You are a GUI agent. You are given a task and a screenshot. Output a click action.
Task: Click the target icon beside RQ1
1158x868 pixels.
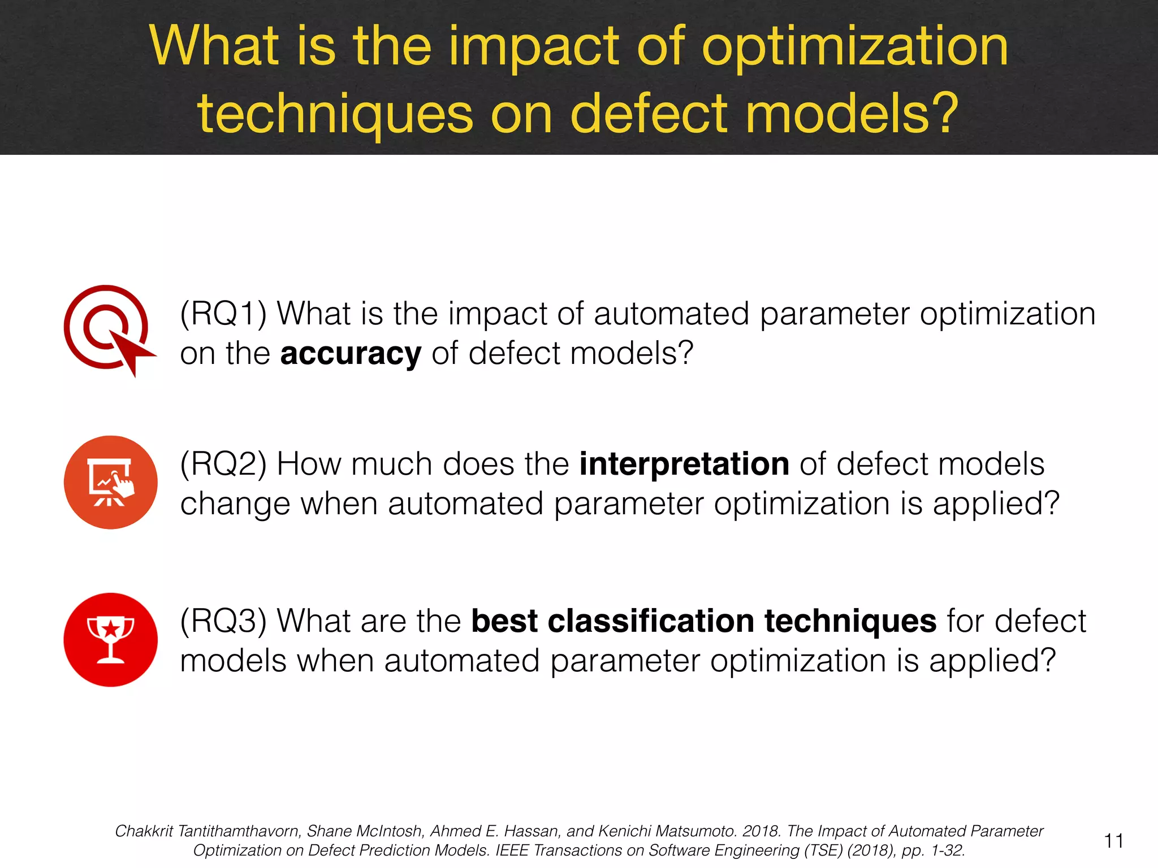point(107,329)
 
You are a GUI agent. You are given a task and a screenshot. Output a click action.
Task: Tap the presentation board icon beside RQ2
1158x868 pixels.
point(110,482)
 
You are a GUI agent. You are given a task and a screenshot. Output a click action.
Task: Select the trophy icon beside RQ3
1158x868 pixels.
point(110,639)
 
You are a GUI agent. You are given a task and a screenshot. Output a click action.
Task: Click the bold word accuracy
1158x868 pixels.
point(351,354)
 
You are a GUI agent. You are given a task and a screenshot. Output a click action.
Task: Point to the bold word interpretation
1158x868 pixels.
point(684,465)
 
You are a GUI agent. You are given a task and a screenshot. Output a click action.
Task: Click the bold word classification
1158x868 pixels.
point(651,621)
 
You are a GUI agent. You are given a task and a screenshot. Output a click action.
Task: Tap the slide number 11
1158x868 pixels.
point(1113,841)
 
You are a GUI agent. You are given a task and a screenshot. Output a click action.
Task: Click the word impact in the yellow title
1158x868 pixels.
point(534,47)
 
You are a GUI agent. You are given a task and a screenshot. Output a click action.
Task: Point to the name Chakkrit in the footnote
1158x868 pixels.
point(144,831)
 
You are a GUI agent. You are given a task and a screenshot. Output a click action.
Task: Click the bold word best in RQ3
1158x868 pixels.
point(504,621)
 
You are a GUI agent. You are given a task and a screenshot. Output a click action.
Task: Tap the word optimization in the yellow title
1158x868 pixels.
point(855,47)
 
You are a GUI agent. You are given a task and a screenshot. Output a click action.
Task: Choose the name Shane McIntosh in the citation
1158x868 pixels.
point(365,831)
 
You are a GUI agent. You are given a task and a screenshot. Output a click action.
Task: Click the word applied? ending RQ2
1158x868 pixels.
point(996,504)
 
